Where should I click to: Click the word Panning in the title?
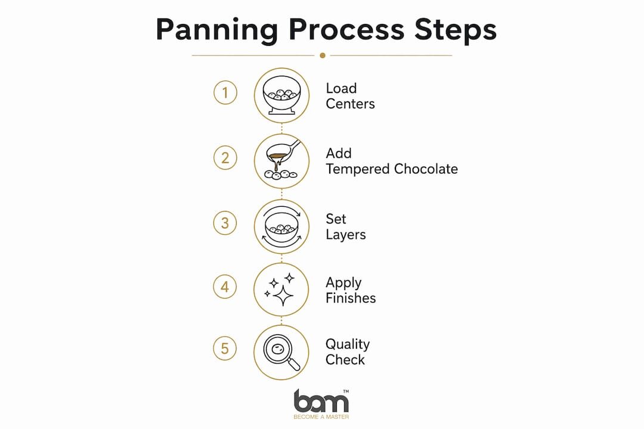point(217,30)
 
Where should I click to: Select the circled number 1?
point(225,92)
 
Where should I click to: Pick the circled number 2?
point(225,158)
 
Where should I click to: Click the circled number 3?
point(225,223)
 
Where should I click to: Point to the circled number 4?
point(225,287)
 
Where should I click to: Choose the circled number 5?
point(225,349)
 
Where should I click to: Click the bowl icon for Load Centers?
point(281,95)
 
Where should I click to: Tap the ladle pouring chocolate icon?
point(281,160)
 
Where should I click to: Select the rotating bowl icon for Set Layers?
point(281,226)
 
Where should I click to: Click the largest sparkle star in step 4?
point(283,296)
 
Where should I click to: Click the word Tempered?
point(357,169)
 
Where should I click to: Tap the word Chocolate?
point(426,169)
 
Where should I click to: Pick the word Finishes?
point(351,298)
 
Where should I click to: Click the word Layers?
point(346,235)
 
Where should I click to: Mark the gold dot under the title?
point(323,55)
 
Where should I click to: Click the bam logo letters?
point(321,401)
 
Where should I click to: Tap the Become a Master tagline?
point(321,416)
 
